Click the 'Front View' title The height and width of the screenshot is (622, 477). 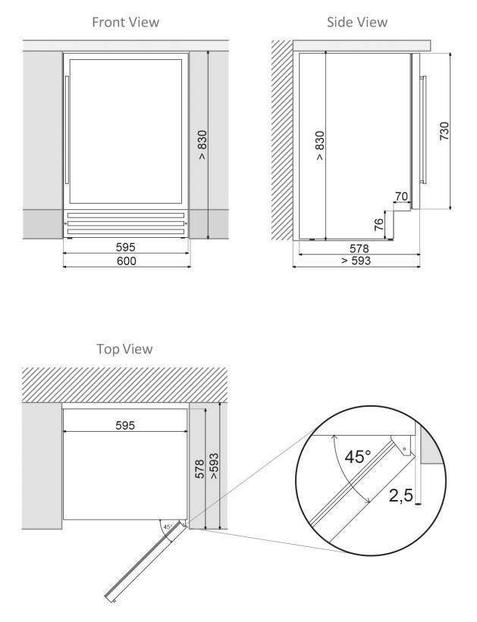[x=125, y=22]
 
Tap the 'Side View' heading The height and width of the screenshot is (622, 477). [x=357, y=22]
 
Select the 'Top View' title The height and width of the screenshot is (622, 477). [x=124, y=349]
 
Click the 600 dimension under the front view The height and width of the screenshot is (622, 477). [x=127, y=261]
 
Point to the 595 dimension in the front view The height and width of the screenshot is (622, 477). [x=125, y=247]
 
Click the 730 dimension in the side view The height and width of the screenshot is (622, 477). [x=444, y=131]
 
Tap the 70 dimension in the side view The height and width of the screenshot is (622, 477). [x=401, y=196]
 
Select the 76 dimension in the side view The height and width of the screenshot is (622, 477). [x=379, y=225]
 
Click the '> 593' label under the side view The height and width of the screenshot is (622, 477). [x=356, y=261]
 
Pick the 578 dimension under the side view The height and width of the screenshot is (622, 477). [x=359, y=248]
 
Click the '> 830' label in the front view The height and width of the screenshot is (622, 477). [x=202, y=145]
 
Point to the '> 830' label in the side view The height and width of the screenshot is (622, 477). [x=320, y=145]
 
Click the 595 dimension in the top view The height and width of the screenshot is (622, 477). [x=125, y=425]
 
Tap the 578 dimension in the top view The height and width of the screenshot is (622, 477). [x=199, y=469]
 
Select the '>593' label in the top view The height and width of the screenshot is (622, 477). [x=214, y=466]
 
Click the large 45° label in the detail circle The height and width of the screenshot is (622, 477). [x=357, y=457]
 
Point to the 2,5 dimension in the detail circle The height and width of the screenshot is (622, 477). [x=400, y=495]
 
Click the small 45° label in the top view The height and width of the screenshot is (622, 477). [x=168, y=527]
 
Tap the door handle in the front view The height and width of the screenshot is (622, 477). [x=67, y=130]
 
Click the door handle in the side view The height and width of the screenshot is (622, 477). [x=423, y=130]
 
